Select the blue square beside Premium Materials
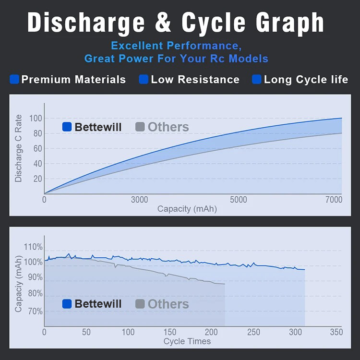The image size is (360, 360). click(x=14, y=79)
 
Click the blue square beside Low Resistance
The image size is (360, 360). click(x=144, y=79)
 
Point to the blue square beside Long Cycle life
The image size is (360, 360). click(x=257, y=79)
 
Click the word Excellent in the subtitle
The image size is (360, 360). click(x=138, y=46)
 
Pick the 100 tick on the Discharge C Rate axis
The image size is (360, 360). click(x=36, y=119)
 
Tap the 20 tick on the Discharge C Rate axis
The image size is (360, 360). click(x=36, y=179)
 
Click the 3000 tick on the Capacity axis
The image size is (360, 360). click(x=140, y=200)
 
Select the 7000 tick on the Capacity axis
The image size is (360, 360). click(x=333, y=200)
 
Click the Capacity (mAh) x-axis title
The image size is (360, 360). click(x=187, y=209)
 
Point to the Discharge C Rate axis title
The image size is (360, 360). click(x=19, y=148)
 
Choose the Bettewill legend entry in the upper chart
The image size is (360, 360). click(x=92, y=127)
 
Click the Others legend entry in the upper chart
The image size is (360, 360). click(x=162, y=127)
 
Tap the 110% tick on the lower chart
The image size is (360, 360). click(x=33, y=247)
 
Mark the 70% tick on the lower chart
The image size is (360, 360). click(x=35, y=312)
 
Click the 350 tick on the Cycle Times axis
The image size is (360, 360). click(x=336, y=332)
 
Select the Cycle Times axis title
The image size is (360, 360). click(x=187, y=341)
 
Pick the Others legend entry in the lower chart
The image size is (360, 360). click(x=162, y=304)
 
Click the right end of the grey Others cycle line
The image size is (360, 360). click(x=225, y=284)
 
